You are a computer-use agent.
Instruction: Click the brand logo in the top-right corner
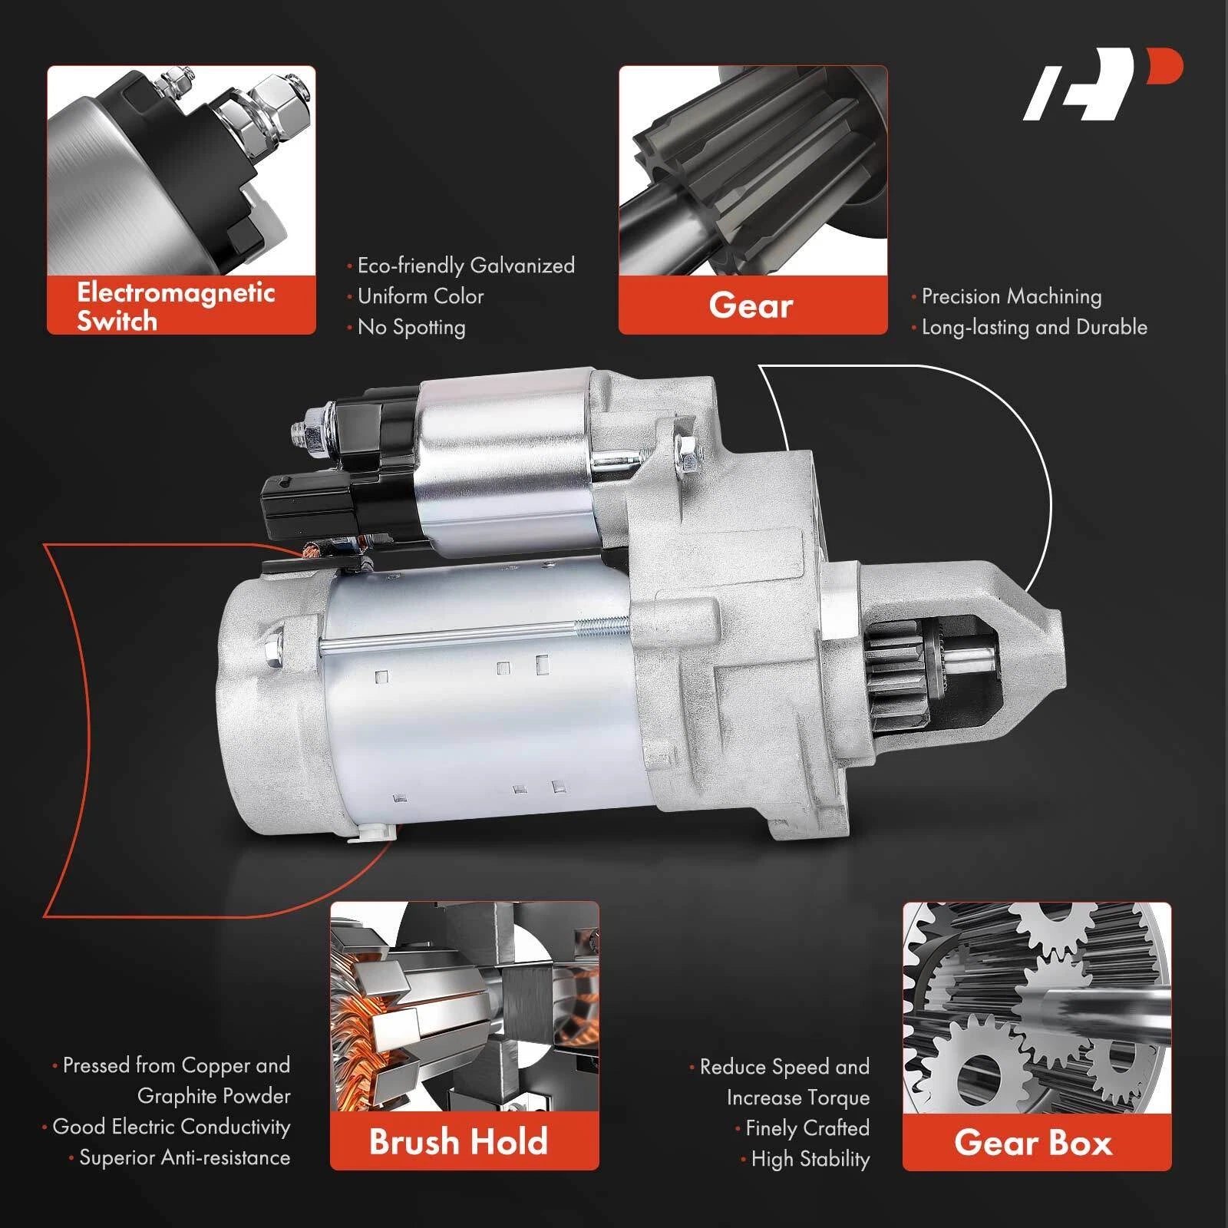(1102, 84)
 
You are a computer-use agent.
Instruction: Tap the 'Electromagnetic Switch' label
(176, 305)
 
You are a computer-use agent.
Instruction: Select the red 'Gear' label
(751, 305)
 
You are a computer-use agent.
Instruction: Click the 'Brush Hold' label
(459, 1141)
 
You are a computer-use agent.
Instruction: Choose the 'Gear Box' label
(1033, 1143)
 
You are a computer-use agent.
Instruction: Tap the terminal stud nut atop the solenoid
(312, 435)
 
